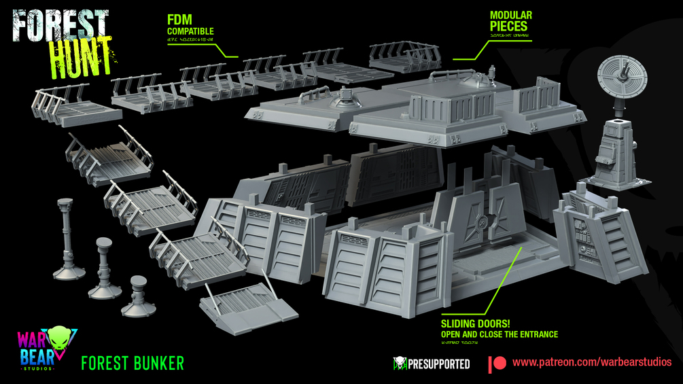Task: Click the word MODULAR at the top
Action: pos(511,15)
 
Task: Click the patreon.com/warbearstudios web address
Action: pos(592,362)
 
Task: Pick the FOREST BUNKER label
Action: pos(132,363)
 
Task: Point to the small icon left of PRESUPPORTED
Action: pos(400,364)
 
